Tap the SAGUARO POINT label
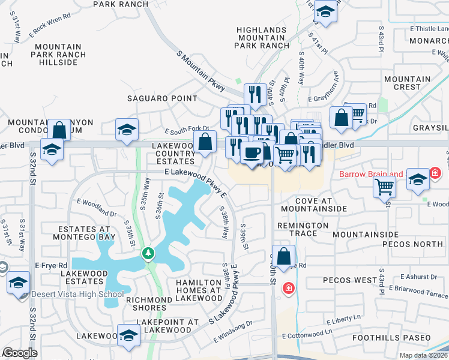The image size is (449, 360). click(x=162, y=98)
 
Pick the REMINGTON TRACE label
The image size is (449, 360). click(x=303, y=230)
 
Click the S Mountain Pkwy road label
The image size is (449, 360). click(x=200, y=71)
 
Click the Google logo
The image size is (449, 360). click(x=20, y=353)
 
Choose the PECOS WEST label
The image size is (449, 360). click(x=349, y=280)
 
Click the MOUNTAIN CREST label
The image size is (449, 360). click(x=407, y=83)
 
